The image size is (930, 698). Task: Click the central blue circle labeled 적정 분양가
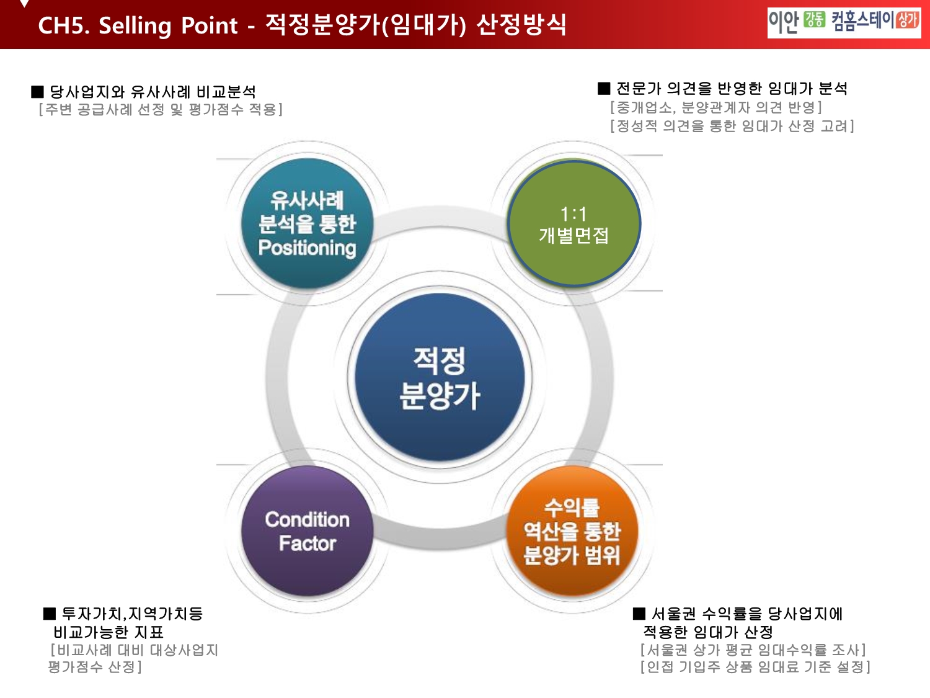pos(440,377)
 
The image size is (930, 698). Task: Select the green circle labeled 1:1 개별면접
pos(573,224)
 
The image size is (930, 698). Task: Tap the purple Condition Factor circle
pos(307,531)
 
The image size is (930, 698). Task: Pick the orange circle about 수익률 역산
pos(572,531)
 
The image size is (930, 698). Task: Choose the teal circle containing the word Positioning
pos(307,224)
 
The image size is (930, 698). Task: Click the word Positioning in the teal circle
pos(307,248)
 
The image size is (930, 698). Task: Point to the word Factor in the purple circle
pos(307,544)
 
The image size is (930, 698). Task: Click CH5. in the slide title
pos(63,25)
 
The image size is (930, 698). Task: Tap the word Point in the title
pos(209,25)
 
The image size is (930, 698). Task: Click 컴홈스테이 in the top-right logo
pos(862,20)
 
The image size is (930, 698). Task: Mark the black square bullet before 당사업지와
pos(37,92)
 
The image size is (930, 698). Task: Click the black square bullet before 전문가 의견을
pos(604,89)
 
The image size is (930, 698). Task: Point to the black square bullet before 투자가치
pos(50,614)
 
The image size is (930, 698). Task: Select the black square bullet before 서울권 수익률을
pos(639,614)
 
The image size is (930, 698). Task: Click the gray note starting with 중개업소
pos(716,107)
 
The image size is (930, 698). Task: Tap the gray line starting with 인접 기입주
pos(755,667)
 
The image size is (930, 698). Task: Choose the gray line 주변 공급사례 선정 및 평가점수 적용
pos(161,110)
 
